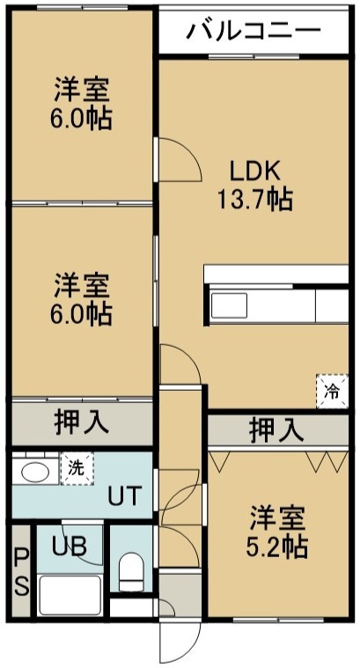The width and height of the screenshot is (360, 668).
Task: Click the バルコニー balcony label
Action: pos(253,31)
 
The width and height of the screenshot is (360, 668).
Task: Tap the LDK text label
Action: pos(255,172)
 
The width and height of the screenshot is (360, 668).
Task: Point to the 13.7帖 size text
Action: pos(255,199)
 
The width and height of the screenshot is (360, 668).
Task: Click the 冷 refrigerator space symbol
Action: pos(332,392)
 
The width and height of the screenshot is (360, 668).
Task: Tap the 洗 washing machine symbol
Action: pos(77,468)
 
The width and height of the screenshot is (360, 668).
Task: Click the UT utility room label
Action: pos(123,495)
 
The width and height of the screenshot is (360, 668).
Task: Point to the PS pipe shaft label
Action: pos(21,573)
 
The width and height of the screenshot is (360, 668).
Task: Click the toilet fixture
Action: pos(131,572)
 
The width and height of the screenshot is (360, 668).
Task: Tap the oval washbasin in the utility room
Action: pos(35,473)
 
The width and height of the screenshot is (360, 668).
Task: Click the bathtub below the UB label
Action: pos(70,595)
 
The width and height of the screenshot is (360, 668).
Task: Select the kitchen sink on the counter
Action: pos(229,305)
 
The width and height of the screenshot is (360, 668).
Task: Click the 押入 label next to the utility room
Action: pos(81,423)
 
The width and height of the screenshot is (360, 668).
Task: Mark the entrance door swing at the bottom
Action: pos(179,642)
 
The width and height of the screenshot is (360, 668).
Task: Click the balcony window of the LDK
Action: pos(254,56)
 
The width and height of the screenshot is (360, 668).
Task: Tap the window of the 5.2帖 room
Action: pos(278,619)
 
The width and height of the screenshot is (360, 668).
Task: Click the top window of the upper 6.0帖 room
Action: pos(82,8)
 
